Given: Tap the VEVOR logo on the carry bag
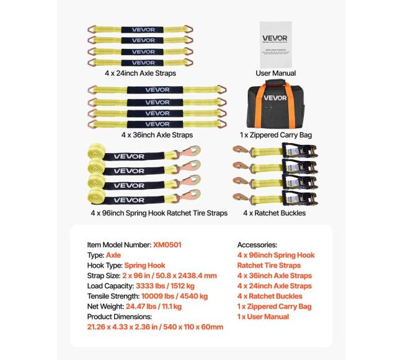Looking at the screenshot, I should point(275,97).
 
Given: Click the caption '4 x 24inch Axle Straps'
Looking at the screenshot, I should point(140,73).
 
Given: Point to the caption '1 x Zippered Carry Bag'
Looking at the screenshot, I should point(275,134).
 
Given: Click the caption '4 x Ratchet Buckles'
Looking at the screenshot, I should point(275,213).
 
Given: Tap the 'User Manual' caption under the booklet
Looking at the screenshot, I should point(275,73).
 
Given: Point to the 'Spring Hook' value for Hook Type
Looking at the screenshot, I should point(146,265).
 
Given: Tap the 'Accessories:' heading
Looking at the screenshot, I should point(257,245).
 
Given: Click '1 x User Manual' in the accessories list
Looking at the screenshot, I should point(263,317).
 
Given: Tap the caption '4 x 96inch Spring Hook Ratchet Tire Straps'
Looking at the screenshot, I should point(157,213).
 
